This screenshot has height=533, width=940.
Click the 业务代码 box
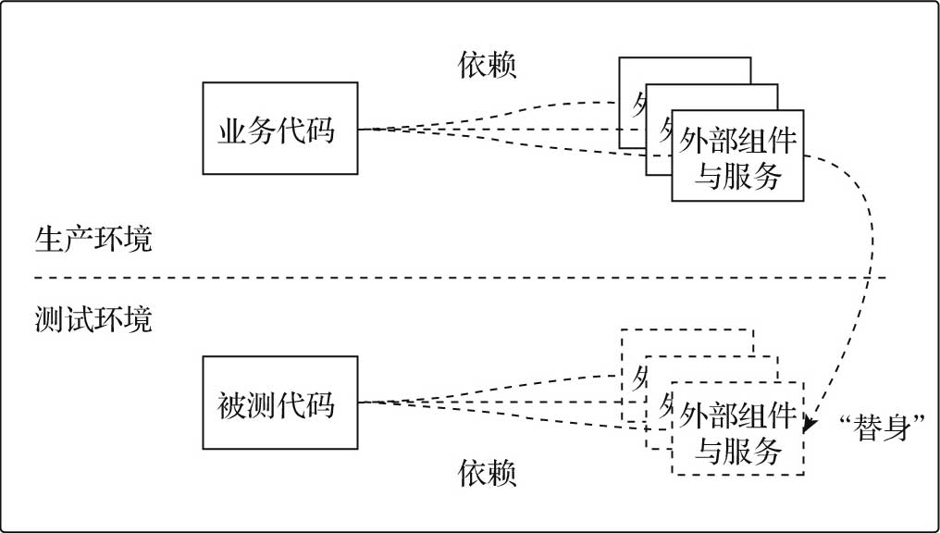click(279, 129)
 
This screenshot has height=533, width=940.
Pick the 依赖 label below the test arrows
click(488, 474)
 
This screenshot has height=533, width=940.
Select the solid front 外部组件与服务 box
click(737, 155)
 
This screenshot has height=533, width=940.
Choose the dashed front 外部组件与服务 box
click(737, 428)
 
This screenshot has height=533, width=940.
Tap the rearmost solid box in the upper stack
click(685, 70)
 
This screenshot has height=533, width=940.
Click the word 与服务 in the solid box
click(737, 174)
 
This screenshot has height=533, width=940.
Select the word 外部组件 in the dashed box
click(737, 415)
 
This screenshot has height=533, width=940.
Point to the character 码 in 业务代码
click(319, 130)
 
